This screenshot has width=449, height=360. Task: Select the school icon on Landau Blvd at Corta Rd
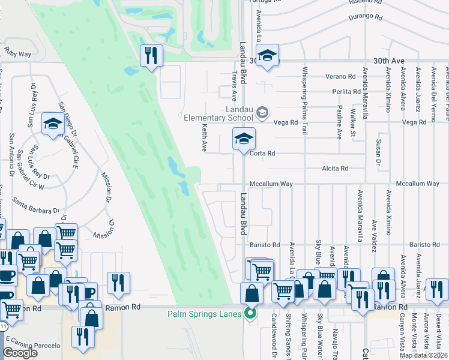[244, 139]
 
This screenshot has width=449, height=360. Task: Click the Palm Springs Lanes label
[205, 313]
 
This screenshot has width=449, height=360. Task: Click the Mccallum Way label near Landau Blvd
[271, 184]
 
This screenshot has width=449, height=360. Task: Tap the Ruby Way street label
[17, 54]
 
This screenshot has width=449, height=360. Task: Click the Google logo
[20, 353]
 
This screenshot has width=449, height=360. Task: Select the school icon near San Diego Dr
[53, 124]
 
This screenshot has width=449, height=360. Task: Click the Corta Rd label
[262, 154]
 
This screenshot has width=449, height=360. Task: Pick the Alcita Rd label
[335, 169]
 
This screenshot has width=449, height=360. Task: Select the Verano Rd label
[341, 77]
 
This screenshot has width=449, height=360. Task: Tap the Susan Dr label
[378, 154]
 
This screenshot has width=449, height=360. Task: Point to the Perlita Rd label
[348, 92]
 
